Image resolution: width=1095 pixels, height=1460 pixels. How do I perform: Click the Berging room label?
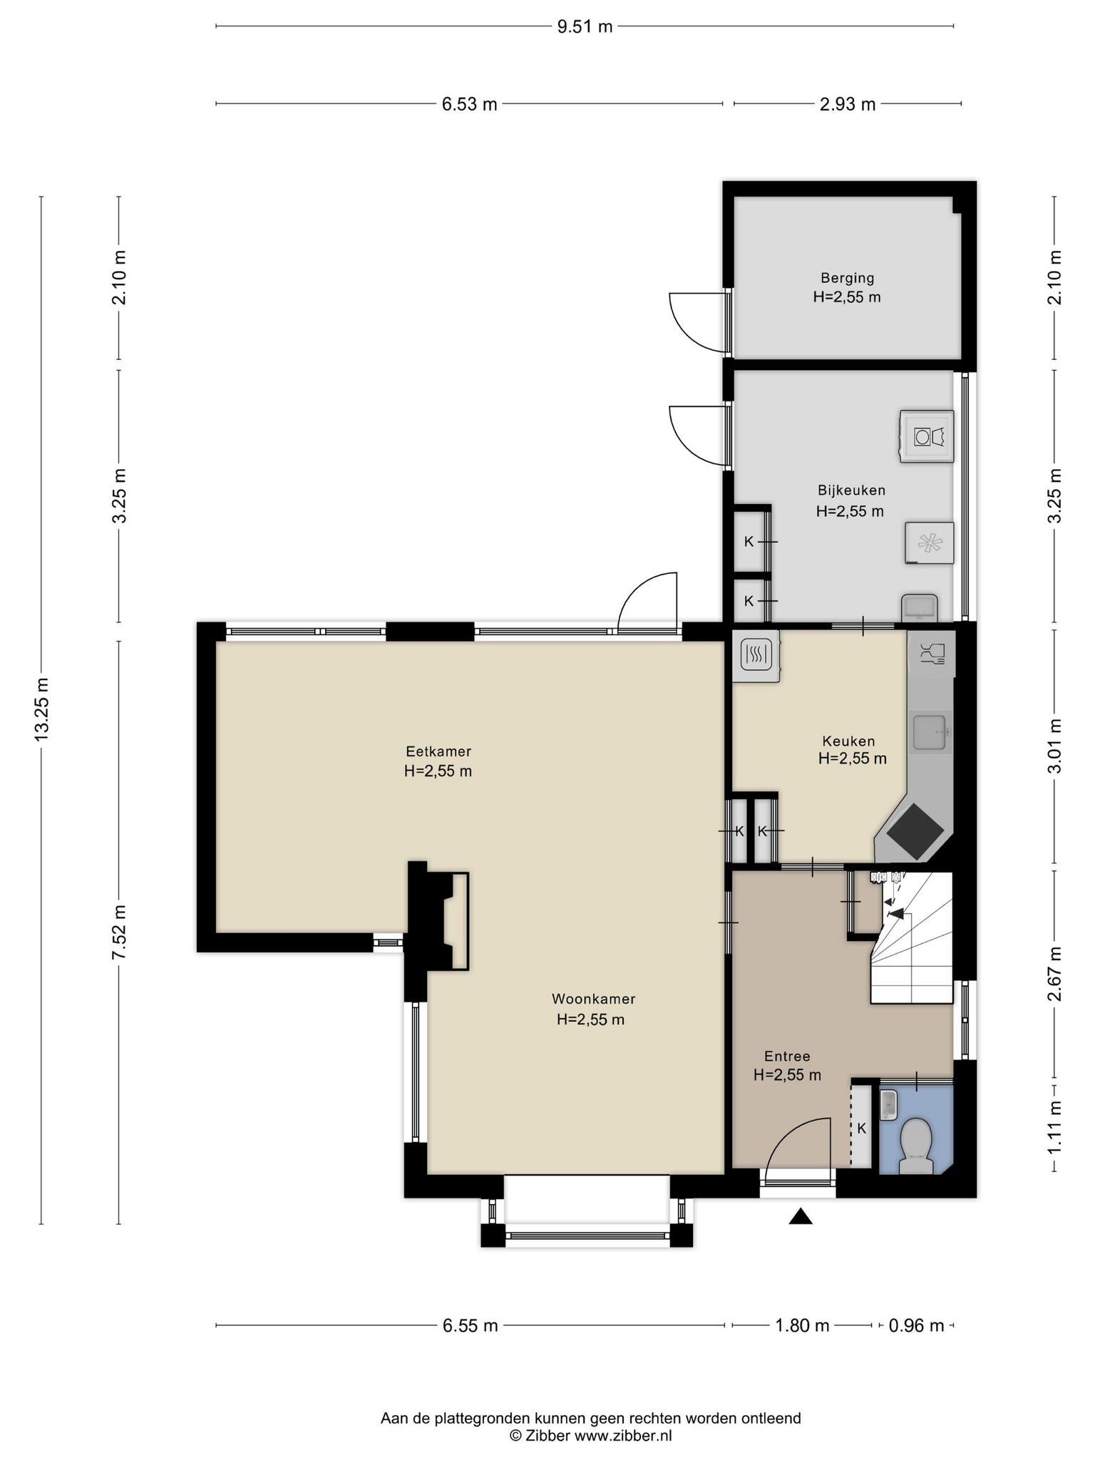coord(847,278)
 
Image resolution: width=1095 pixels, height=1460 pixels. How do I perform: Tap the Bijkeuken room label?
coord(851,490)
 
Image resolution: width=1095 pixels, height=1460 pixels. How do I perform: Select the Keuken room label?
coord(848,741)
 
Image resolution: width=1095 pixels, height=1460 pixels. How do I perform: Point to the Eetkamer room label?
coord(438,751)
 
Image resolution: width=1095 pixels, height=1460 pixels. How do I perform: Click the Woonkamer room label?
coord(593,999)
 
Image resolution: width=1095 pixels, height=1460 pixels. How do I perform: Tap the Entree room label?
coord(787,1057)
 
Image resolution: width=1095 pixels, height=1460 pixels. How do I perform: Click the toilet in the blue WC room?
coord(916,1146)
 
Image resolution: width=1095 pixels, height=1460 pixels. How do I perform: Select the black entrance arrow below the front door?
coord(801,1216)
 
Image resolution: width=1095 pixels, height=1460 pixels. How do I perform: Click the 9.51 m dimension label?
coord(585,27)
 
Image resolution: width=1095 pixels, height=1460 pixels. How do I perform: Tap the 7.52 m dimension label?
coord(120,932)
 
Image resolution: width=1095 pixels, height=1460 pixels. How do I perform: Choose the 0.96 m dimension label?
coord(916,1325)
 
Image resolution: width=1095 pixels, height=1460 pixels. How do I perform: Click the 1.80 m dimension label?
coord(802,1325)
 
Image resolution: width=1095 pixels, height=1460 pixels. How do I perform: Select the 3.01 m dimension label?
coord(1055,746)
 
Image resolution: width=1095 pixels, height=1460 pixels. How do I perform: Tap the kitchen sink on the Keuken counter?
coord(930,732)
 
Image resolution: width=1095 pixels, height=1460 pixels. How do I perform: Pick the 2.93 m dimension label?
coord(848,105)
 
